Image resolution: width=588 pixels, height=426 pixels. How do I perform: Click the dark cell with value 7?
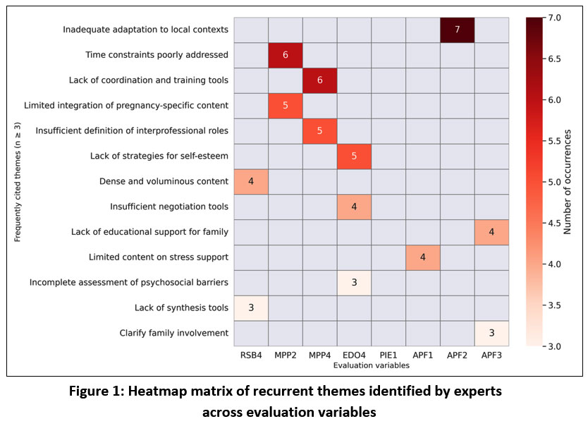tap(457, 30)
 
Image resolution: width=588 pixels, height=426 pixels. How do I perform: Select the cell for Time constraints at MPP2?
tap(285, 55)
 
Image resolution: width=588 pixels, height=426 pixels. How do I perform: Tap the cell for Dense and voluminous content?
tap(250, 181)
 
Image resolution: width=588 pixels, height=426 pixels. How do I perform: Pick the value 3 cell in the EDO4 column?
tap(354, 282)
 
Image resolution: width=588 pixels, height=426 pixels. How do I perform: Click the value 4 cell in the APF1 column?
tap(422, 257)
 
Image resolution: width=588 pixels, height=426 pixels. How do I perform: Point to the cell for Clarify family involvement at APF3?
tap(491, 333)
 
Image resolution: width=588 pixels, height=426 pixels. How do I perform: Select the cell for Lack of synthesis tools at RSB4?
tap(250, 308)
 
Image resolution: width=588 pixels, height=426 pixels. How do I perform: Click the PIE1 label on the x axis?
tap(388, 355)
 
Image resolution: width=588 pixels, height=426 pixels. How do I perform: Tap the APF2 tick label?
tap(457, 355)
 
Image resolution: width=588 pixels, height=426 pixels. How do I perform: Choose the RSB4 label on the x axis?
tap(250, 355)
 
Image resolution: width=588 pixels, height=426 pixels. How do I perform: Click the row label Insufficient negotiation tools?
tap(169, 207)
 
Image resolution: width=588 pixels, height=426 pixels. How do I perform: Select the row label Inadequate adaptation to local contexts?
tap(145, 30)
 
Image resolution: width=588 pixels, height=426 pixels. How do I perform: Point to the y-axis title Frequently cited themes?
tap(17, 181)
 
